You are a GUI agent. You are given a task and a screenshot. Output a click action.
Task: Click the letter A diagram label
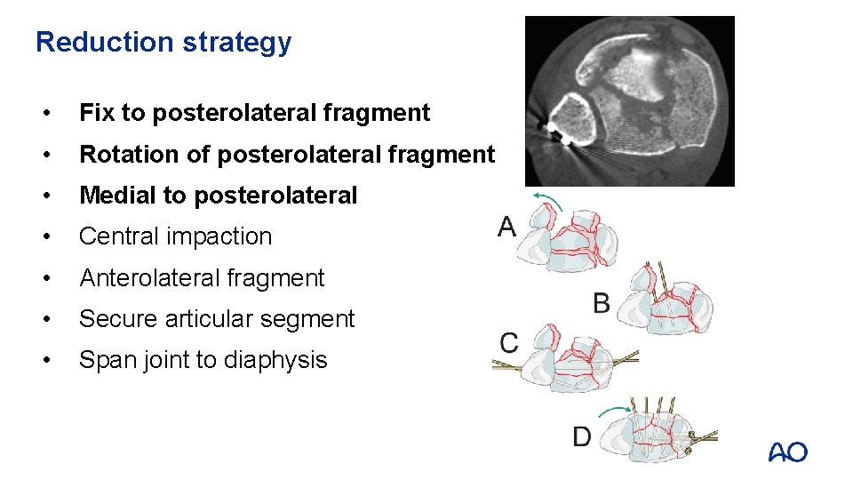click(x=506, y=228)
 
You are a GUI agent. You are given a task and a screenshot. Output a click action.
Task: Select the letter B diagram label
click(x=602, y=304)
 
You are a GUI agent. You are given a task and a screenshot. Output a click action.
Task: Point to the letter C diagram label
click(x=509, y=343)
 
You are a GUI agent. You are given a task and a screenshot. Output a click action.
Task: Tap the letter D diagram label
click(x=582, y=436)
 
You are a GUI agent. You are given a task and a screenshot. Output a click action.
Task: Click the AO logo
click(x=788, y=452)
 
